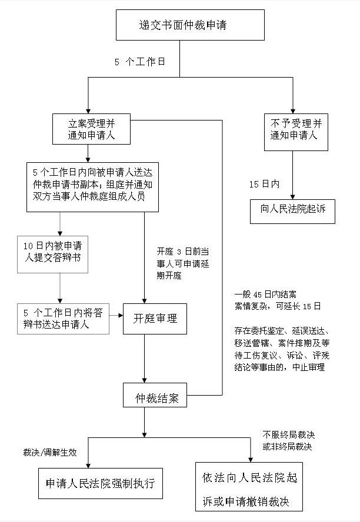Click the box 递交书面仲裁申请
(190, 25)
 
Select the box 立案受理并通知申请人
(91, 129)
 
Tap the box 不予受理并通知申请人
(296, 132)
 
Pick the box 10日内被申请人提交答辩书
(52, 255)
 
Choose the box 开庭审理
(155, 319)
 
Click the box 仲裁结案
(155, 395)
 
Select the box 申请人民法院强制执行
(101, 483)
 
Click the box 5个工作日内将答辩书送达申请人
(64, 319)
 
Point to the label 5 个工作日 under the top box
(140, 62)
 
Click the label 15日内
(265, 184)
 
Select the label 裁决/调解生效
(50, 453)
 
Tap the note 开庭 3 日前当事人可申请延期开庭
(183, 263)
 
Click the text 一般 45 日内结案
(265, 295)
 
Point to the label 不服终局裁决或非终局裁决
(288, 440)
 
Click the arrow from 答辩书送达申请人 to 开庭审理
(116, 315)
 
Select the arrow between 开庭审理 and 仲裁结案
(144, 359)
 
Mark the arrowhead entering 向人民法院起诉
(293, 197)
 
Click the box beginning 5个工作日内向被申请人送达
(92, 187)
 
